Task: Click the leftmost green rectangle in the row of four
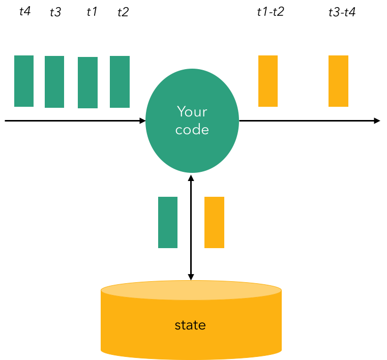point(24,81)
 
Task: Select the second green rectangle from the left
point(54,82)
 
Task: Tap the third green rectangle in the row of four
point(87,82)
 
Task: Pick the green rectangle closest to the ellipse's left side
point(120,82)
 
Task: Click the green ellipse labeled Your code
point(192,147)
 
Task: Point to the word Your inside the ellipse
point(192,111)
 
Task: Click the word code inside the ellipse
point(192,130)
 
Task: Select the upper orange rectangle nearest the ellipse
point(268,81)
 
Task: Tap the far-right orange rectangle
point(338,81)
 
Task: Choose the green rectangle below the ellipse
point(168,222)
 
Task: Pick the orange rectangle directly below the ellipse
point(214,222)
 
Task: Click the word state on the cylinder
point(190,325)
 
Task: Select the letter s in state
point(177,326)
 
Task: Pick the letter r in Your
point(205,112)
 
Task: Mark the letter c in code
point(178,131)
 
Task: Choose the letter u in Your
point(197,112)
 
